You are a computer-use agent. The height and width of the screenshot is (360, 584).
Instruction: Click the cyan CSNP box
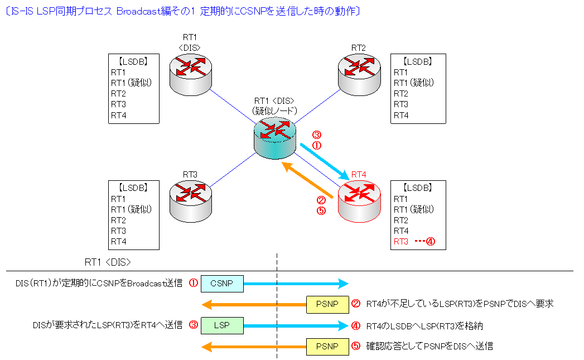tap(222, 284)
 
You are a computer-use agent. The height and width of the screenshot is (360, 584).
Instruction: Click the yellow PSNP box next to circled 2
tap(327, 304)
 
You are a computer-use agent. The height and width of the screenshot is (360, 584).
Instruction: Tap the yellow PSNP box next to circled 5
tap(327, 346)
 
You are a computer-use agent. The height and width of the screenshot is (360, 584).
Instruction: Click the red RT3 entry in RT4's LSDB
tap(401, 242)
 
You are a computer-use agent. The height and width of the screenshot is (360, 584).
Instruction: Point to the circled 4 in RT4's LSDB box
tap(430, 242)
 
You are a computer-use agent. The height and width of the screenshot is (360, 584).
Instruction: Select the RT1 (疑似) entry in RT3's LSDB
tap(131, 209)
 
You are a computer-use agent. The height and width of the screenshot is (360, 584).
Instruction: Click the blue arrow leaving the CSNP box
tap(296, 284)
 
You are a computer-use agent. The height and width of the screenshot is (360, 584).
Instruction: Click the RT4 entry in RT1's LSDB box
tap(119, 115)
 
